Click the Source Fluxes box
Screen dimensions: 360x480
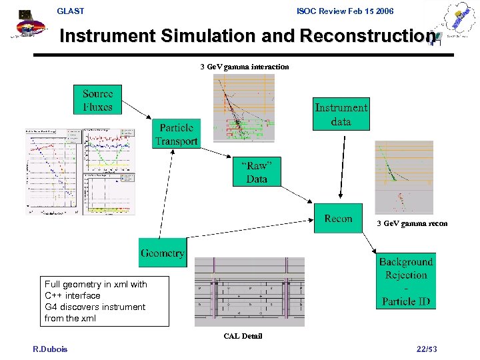(97, 100)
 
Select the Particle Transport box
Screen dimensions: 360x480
(176, 133)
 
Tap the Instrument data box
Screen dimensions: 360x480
(341, 115)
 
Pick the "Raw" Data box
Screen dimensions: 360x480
(257, 172)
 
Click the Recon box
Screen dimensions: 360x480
(338, 219)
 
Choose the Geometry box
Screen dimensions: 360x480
(162, 253)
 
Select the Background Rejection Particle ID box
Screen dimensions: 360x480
(406, 281)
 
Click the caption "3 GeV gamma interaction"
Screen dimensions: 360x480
(245, 67)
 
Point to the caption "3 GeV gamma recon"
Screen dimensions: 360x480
(412, 224)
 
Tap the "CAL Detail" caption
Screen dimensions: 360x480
(243, 336)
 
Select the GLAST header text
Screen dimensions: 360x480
(71, 11)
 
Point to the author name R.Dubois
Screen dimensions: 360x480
(50, 349)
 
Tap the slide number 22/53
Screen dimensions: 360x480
(426, 349)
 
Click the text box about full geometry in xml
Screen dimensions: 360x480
(95, 301)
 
